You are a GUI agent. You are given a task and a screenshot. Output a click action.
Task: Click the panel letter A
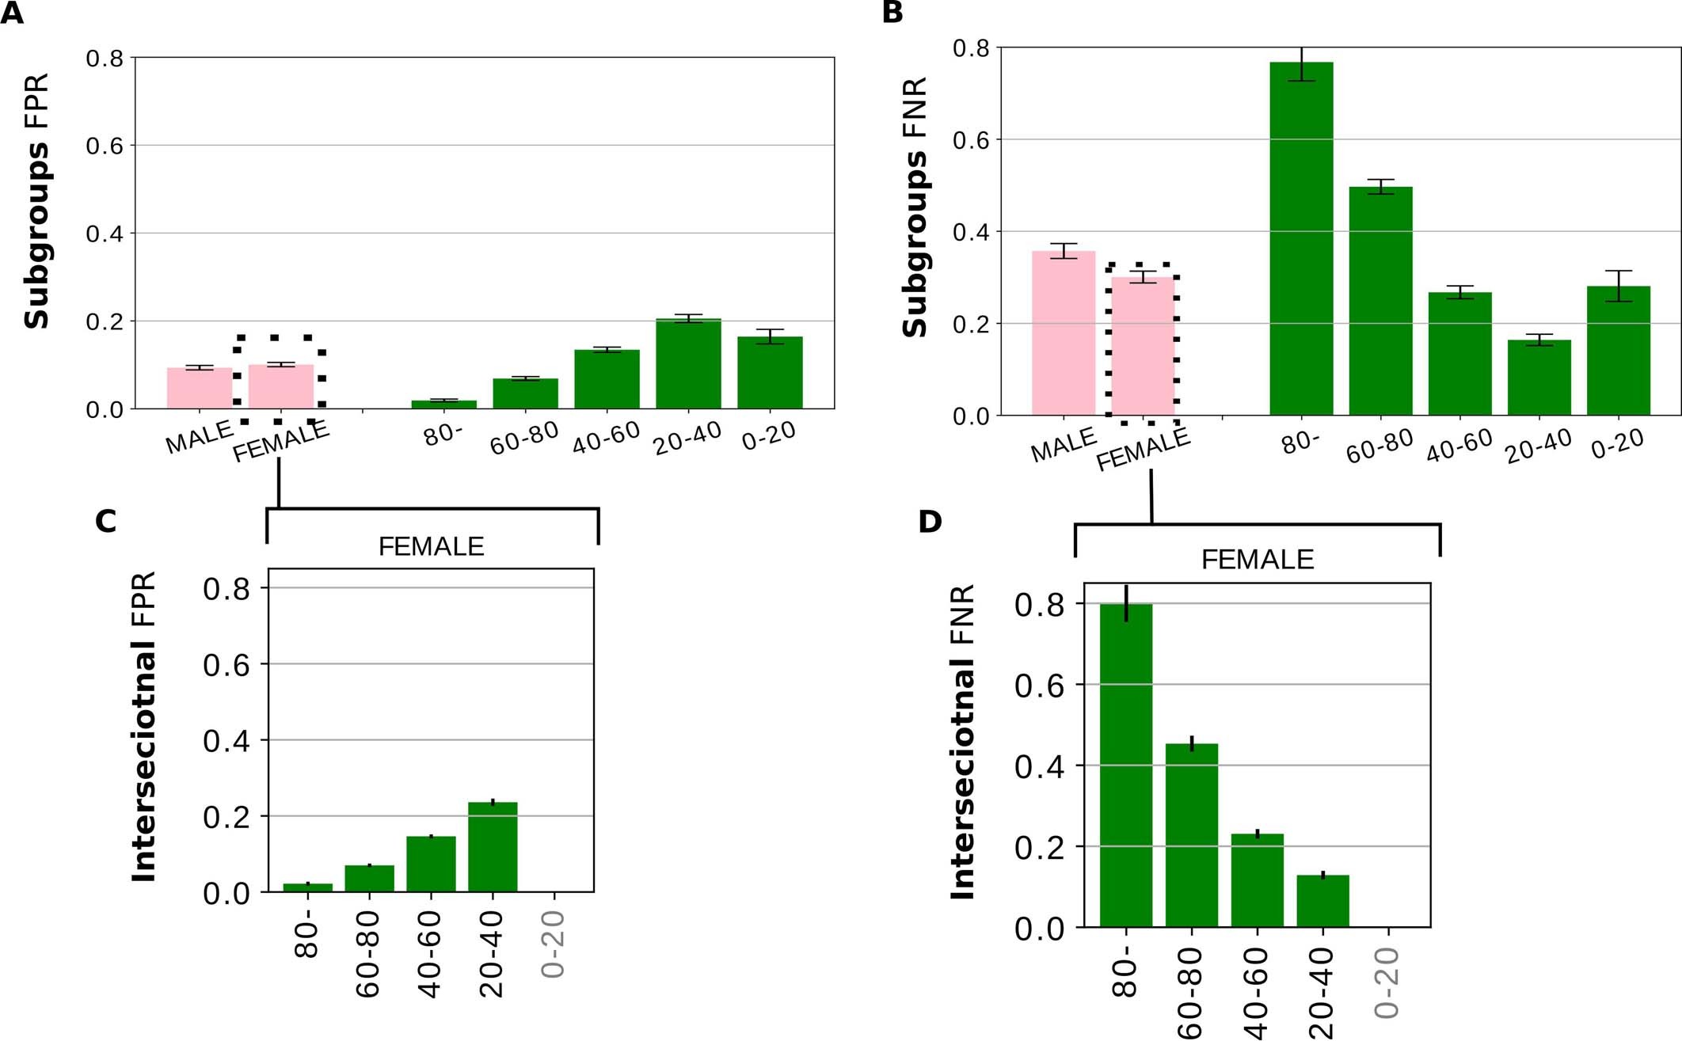(12, 13)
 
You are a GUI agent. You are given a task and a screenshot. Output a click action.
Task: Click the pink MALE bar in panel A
(200, 389)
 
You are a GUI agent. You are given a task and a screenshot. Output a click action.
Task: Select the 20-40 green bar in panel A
(688, 365)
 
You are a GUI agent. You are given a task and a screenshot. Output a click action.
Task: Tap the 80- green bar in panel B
(1301, 238)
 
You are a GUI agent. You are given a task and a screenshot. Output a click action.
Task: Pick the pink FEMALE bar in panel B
(1143, 347)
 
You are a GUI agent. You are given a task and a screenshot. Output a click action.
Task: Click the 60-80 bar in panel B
(1380, 302)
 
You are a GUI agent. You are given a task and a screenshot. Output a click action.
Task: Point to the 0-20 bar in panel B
(1618, 351)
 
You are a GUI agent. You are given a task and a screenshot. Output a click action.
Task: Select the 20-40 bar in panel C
(493, 848)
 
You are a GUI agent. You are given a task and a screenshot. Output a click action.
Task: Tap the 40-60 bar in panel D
(1257, 880)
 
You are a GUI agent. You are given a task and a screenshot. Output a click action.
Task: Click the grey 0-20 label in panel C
(554, 944)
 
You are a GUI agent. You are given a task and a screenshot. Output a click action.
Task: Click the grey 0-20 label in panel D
(1387, 982)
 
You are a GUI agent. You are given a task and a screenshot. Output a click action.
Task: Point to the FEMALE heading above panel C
(431, 547)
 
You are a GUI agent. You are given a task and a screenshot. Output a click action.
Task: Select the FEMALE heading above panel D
(1257, 560)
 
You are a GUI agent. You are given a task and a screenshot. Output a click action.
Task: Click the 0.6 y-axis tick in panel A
(105, 146)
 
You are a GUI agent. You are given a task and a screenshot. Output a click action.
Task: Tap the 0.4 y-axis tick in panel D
(1039, 766)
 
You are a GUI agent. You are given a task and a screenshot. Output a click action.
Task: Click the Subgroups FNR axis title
(915, 207)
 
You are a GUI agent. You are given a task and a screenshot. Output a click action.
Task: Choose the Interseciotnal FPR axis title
(144, 727)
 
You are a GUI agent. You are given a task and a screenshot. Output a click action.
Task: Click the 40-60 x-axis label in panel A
(606, 438)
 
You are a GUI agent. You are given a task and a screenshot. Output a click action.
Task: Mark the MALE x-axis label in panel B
(1063, 446)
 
